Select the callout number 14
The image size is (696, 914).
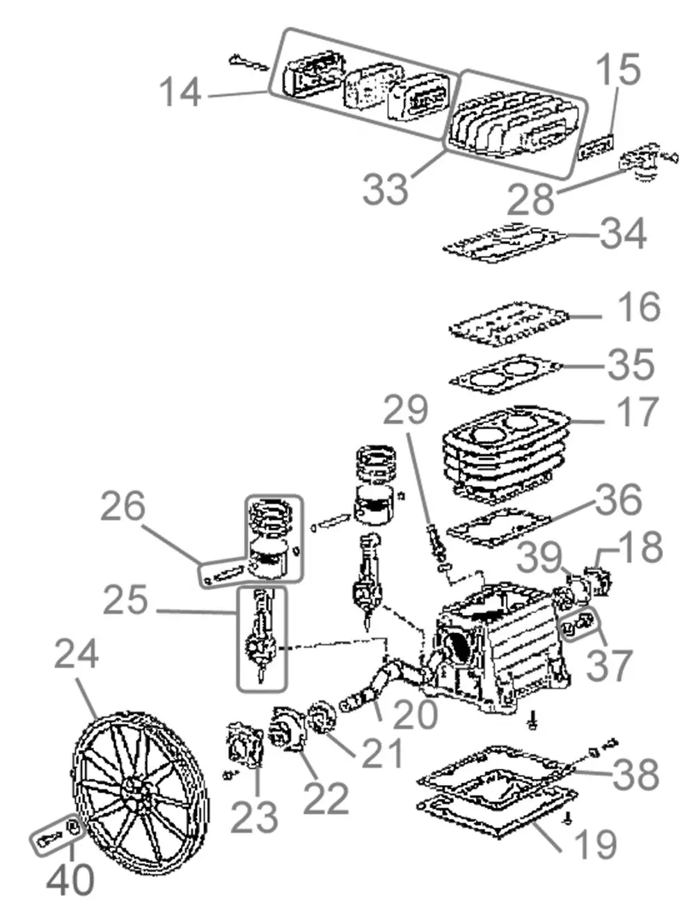[x=180, y=92]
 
